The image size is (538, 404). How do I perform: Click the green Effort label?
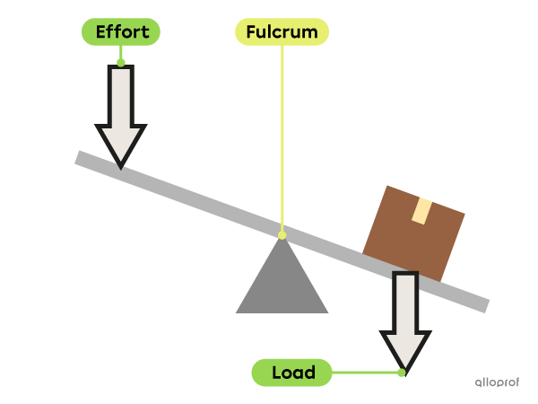point(121,32)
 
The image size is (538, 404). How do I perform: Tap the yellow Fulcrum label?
point(282,32)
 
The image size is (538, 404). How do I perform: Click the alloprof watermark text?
point(497,381)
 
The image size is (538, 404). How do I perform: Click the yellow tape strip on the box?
point(421,210)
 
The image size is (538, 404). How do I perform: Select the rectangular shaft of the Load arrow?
point(405,302)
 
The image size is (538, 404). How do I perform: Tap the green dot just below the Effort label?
point(121,63)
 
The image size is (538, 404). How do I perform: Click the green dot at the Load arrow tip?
point(402,372)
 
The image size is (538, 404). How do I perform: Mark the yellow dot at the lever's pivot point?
point(282,235)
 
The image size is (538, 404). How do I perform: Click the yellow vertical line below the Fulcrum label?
point(282,135)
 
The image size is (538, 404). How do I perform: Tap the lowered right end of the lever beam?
point(482,304)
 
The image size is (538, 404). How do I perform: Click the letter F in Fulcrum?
point(250,32)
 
